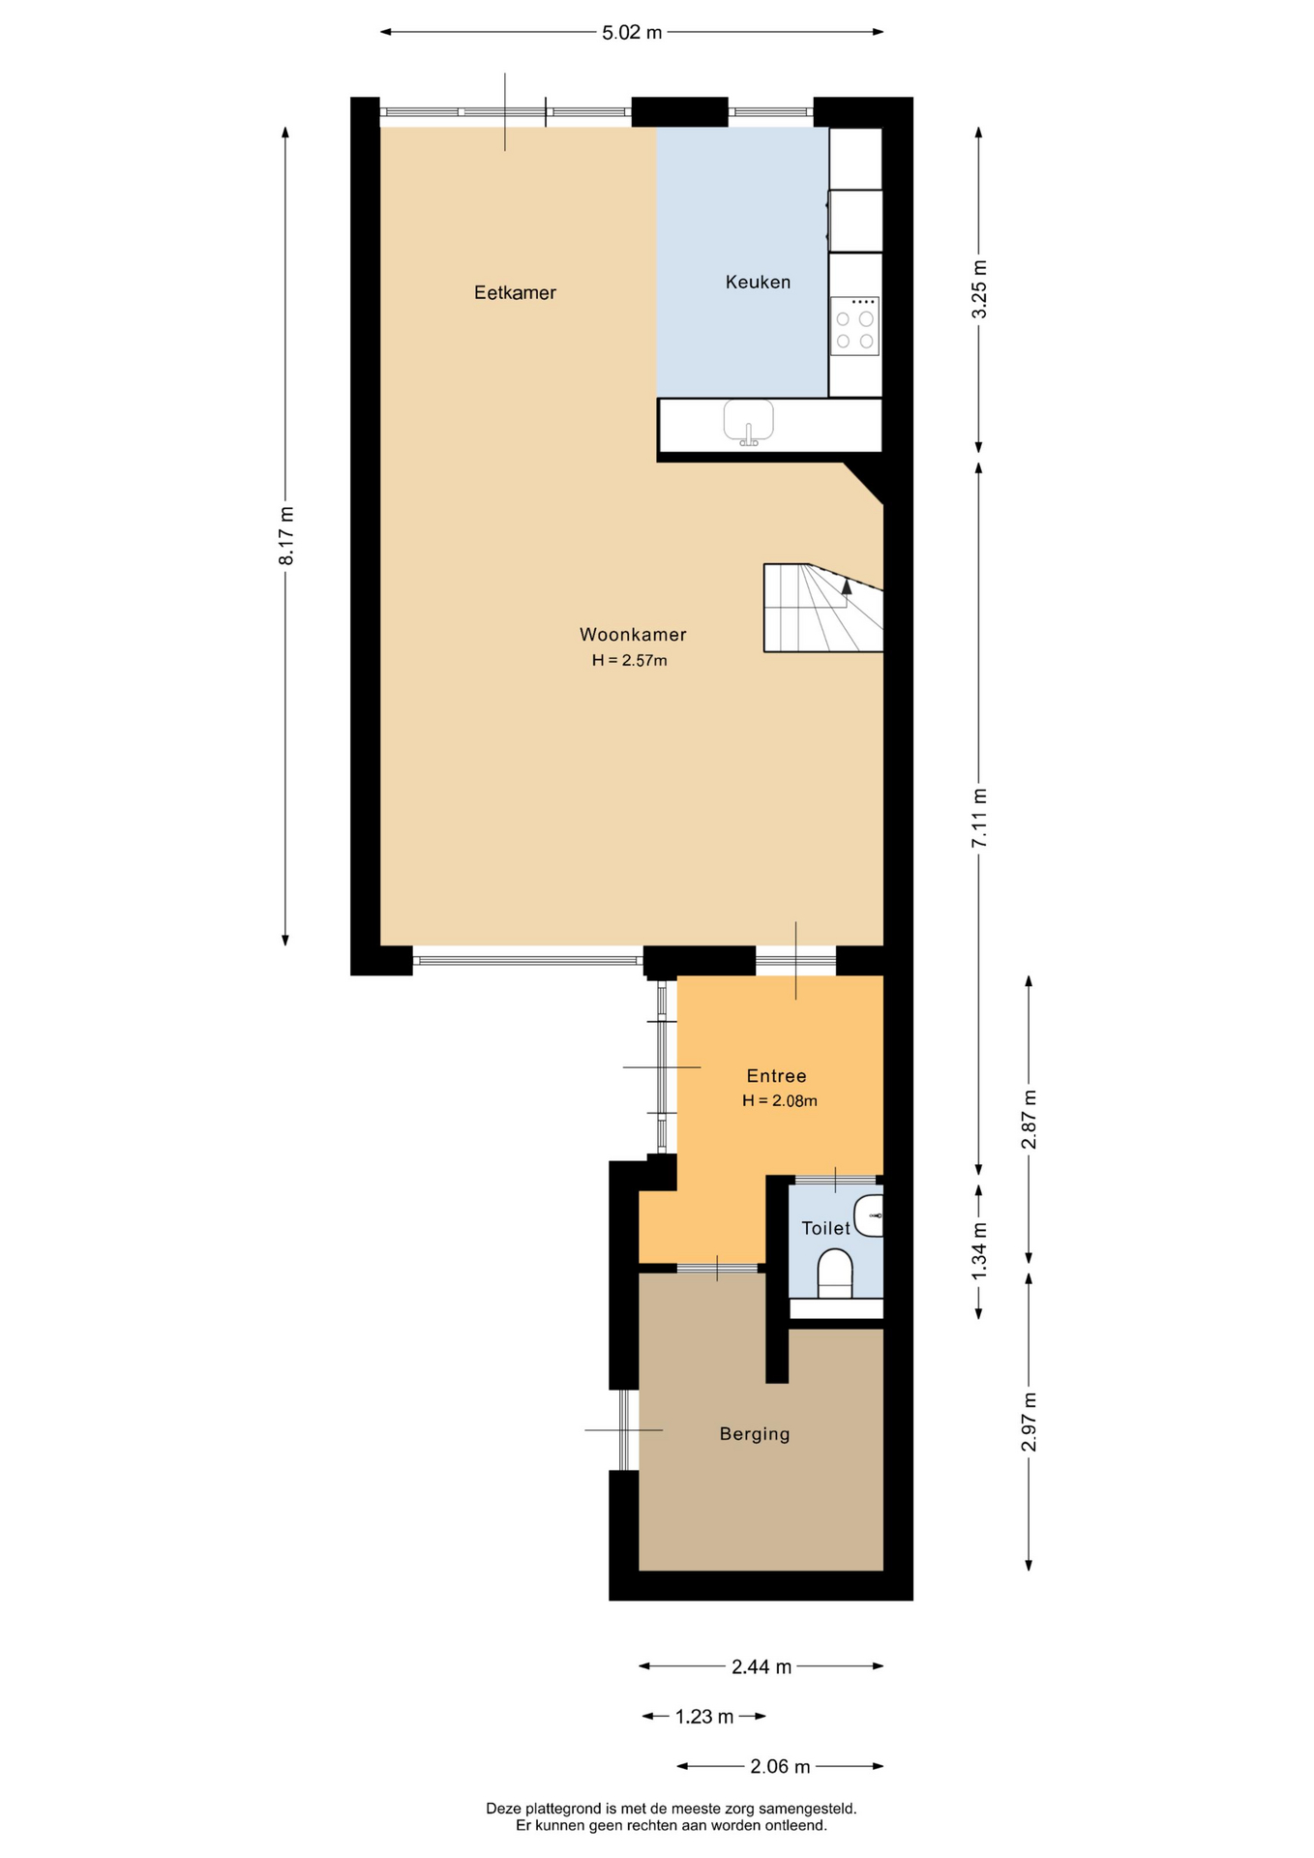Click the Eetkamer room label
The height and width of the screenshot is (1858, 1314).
pos(515,292)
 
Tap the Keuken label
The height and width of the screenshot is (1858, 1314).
pos(758,282)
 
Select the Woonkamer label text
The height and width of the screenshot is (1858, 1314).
pos(633,635)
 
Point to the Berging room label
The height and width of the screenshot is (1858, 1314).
pos(755,1434)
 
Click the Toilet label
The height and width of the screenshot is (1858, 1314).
pos(825,1228)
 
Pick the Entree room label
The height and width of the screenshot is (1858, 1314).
pos(776,1076)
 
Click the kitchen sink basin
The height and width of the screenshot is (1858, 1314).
pos(748,421)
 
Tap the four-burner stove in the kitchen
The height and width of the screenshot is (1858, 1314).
pos(854,326)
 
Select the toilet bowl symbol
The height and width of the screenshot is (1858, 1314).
pos(835,1273)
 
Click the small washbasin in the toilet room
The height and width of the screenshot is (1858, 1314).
pos(869,1215)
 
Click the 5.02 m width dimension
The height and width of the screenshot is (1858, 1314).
pos(632,32)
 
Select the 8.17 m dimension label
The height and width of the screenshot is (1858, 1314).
pos(285,535)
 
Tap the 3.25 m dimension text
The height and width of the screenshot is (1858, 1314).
pos(979,288)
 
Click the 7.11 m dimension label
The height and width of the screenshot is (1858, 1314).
pos(979,818)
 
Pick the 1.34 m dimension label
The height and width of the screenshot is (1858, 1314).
pos(979,1250)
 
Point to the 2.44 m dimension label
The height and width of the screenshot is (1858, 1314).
pos(762,1666)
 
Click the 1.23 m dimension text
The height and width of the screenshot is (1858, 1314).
pos(704,1717)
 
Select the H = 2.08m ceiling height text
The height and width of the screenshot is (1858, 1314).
pos(780,1100)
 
